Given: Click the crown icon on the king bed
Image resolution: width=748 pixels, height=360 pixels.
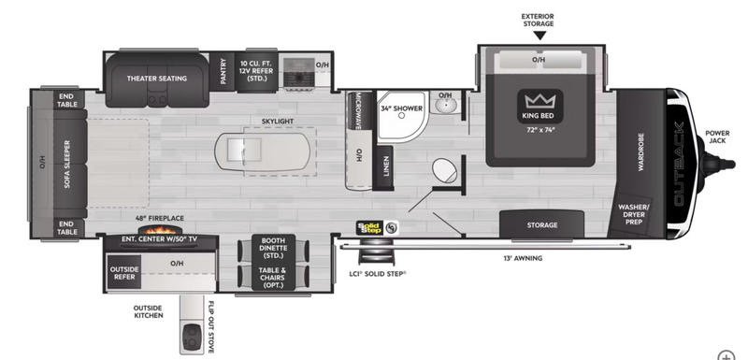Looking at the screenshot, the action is (540, 101).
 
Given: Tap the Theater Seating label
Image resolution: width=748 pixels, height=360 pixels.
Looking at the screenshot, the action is (157, 79).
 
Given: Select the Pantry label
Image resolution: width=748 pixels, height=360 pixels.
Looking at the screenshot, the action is (223, 71).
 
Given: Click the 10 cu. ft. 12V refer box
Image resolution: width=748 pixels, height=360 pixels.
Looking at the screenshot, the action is (256, 71).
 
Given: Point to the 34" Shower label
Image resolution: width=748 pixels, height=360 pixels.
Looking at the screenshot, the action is (401, 108).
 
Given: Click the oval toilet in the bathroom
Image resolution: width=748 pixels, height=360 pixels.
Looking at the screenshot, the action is (444, 170).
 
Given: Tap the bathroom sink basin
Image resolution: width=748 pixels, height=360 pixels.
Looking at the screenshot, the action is (445, 104).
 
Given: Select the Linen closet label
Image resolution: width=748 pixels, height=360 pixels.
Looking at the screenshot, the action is (386, 166).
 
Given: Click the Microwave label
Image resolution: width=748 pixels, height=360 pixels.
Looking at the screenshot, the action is (357, 110).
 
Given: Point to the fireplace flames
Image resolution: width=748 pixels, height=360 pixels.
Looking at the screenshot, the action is (157, 230).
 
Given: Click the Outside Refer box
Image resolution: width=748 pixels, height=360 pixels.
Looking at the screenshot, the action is (124, 273).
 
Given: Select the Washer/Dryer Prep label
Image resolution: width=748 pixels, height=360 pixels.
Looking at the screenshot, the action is (634, 214).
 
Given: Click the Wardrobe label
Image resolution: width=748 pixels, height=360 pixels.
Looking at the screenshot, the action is (640, 152).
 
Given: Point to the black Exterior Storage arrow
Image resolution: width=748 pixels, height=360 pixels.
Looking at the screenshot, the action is (539, 36).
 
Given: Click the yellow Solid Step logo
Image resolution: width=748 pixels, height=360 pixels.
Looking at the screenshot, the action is (369, 227).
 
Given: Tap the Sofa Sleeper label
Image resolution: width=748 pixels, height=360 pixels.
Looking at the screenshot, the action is (66, 164).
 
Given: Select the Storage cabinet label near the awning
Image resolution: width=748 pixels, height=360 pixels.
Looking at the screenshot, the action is (542, 225).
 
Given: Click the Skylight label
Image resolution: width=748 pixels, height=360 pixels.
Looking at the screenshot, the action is (278, 122).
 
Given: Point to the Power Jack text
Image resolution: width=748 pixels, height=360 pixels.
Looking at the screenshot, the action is (717, 137).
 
